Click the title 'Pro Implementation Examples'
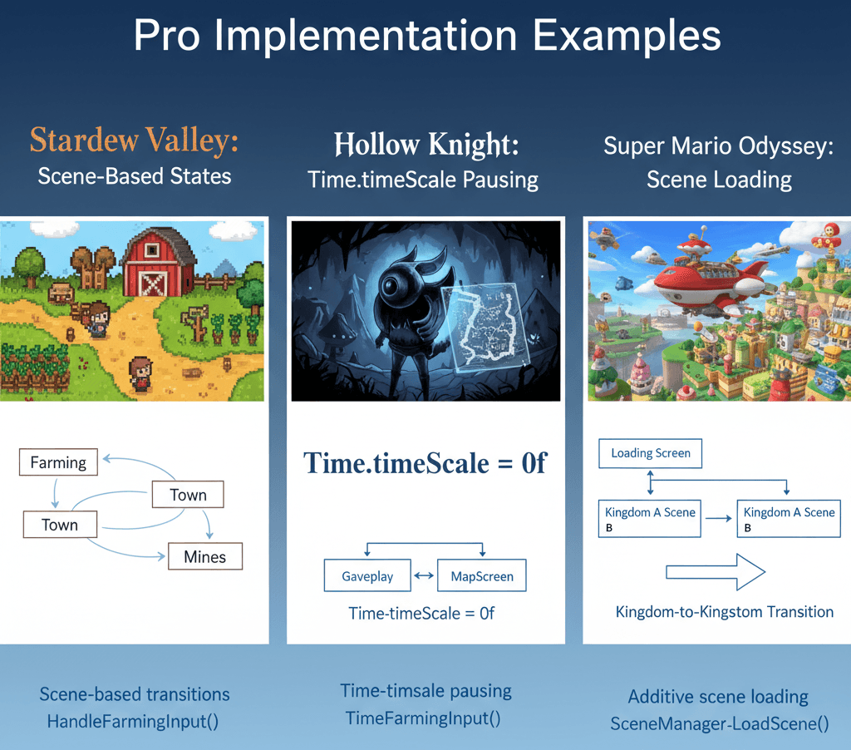pos(426,38)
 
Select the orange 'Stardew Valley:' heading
pos(134,141)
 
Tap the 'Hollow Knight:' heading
pos(425,145)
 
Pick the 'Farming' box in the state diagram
pos(58,461)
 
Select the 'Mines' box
pos(204,556)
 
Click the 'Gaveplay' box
pos(368,575)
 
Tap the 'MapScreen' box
pos(482,575)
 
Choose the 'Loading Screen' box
pos(650,453)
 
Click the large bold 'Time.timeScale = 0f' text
pos(425,462)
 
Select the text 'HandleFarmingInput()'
pos(133,721)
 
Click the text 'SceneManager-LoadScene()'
pos(719,723)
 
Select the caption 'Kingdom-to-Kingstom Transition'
pos(724,612)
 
